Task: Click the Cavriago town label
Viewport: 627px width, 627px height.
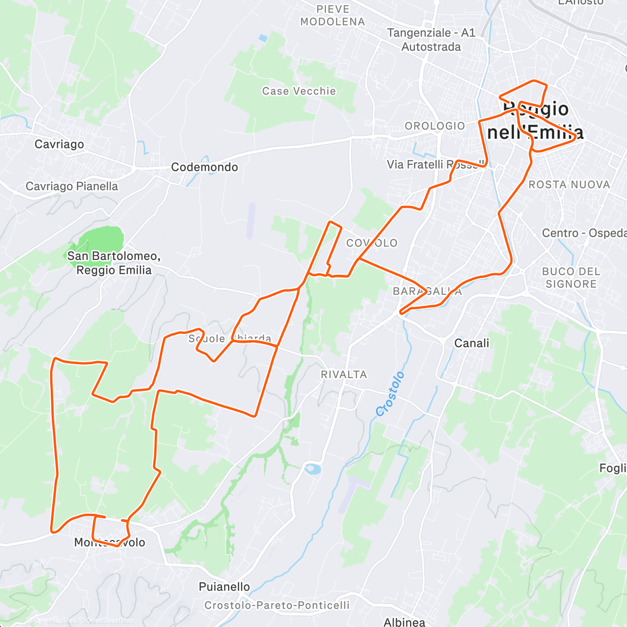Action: [x=59, y=144]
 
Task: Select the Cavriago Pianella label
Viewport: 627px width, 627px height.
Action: [x=72, y=187]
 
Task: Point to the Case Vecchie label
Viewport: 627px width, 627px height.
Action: [x=299, y=91]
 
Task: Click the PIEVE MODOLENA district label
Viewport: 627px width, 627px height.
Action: [x=333, y=16]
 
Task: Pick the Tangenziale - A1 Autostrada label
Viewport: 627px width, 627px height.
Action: [x=431, y=40]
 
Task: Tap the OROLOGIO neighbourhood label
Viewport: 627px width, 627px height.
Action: [x=435, y=126]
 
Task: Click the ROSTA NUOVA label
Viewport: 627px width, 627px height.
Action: [x=569, y=184]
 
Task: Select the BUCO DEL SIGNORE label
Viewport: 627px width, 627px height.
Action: [x=571, y=278]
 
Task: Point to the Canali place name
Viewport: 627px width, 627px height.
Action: [x=472, y=343]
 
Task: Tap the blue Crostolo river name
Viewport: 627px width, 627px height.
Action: [x=390, y=393]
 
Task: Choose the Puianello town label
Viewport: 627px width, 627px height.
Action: [x=224, y=587]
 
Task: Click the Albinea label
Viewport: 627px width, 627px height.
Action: [x=404, y=622]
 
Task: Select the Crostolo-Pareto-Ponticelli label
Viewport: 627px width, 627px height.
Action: [x=277, y=606]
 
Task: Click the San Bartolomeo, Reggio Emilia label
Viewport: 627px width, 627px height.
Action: [x=114, y=263]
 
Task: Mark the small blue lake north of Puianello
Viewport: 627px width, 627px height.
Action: [x=312, y=469]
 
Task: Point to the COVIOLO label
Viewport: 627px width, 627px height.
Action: [x=372, y=243]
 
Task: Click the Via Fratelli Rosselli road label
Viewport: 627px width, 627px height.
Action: [x=436, y=165]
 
